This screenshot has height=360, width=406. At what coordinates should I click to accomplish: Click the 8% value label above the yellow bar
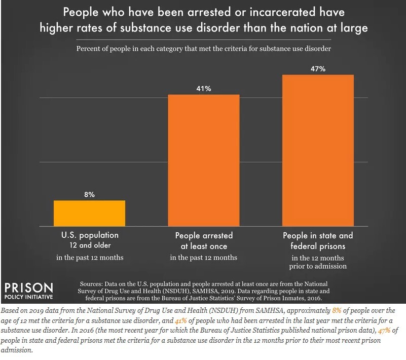click(x=89, y=193)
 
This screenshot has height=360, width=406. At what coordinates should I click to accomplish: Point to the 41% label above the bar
click(x=203, y=89)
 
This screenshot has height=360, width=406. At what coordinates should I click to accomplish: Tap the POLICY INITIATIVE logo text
click(x=29, y=296)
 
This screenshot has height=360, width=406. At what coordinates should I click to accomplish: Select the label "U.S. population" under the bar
click(x=89, y=236)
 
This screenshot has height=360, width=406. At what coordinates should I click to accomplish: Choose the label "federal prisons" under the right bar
click(x=317, y=246)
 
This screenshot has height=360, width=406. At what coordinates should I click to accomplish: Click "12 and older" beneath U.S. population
click(x=89, y=246)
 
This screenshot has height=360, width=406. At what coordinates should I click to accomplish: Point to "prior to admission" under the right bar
click(x=317, y=266)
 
